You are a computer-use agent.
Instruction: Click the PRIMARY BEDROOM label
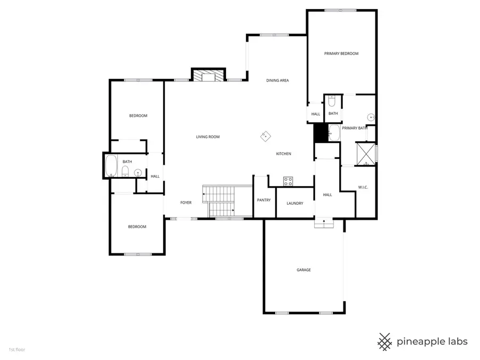click(341, 54)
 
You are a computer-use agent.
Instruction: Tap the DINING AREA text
click(277, 81)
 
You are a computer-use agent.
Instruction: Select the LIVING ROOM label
click(208, 137)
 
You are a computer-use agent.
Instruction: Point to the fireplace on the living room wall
click(209, 76)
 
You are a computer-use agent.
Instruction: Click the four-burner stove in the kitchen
click(288, 181)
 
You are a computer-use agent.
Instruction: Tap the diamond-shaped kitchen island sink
click(265, 137)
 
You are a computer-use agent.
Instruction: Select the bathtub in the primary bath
click(334, 133)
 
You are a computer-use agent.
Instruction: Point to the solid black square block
click(320, 133)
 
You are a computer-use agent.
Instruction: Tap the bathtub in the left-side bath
click(111, 166)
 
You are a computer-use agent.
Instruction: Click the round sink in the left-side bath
click(138, 172)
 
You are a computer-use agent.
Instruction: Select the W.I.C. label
click(364, 187)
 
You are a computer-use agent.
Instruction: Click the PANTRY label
click(263, 201)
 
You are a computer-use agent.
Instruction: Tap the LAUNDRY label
click(294, 203)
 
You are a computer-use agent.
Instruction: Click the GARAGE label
click(303, 270)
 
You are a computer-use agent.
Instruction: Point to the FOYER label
click(186, 203)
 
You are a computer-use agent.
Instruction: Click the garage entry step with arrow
click(324, 224)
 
